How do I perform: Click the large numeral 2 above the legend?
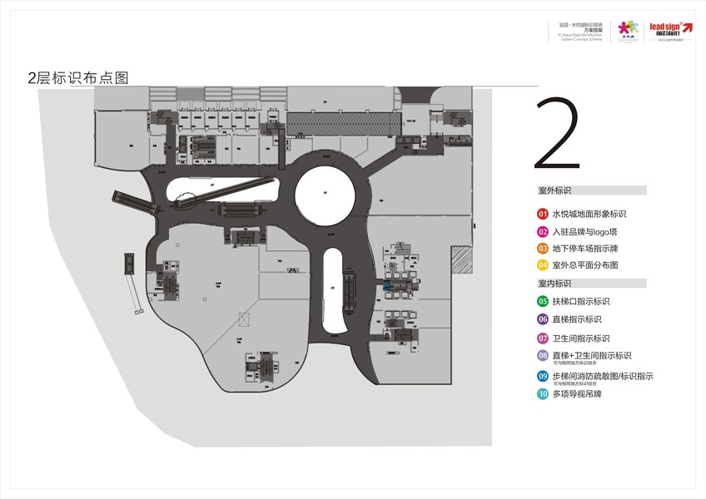tap(557, 135)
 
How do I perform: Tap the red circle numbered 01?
tap(543, 215)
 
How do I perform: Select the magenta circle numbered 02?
tap(543, 232)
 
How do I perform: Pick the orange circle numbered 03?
tap(543, 249)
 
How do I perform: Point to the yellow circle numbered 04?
tap(543, 265)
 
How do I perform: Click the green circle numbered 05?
tap(543, 301)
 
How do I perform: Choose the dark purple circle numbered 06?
tap(543, 319)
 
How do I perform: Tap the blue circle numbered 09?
tap(543, 377)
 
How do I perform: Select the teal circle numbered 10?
tap(543, 393)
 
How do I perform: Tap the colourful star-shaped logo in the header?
tap(627, 28)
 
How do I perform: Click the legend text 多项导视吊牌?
tap(577, 393)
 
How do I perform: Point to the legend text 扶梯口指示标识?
tap(581, 301)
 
